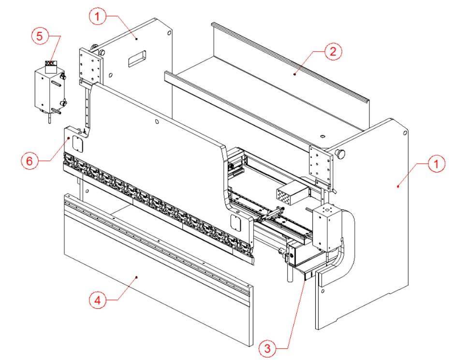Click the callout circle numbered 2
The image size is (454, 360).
coord(333,51)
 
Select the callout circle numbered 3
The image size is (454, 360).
coord(267,348)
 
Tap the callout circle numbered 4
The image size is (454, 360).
coord(98,300)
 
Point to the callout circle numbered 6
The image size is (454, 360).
coord(29,161)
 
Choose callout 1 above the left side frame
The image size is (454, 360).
coord(97,16)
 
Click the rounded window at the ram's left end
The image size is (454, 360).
coord(77,143)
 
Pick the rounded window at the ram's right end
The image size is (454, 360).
coord(235,223)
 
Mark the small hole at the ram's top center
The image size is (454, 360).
coord(157,122)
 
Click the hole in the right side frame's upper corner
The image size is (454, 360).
coord(405,133)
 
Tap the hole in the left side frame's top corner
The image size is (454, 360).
coord(169,33)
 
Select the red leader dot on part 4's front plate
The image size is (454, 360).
coord(136,277)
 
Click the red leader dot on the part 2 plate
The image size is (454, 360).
coord(294,74)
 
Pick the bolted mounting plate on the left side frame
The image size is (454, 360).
coord(91,67)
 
